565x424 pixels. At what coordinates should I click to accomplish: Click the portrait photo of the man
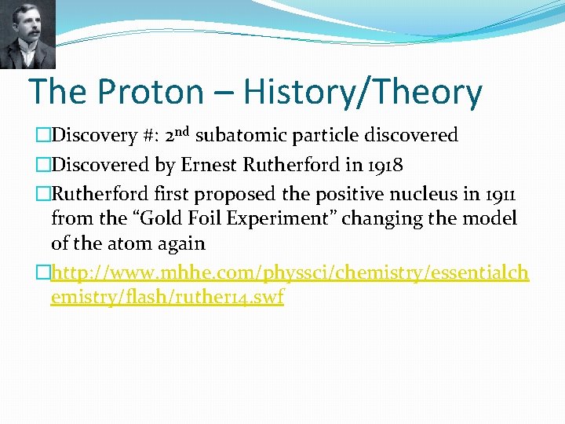(x=27, y=34)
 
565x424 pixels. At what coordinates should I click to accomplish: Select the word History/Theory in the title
(x=363, y=93)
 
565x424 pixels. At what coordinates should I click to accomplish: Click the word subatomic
(x=239, y=136)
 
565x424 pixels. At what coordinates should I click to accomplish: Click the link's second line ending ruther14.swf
(x=166, y=298)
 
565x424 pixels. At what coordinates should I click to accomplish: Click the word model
(x=494, y=218)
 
